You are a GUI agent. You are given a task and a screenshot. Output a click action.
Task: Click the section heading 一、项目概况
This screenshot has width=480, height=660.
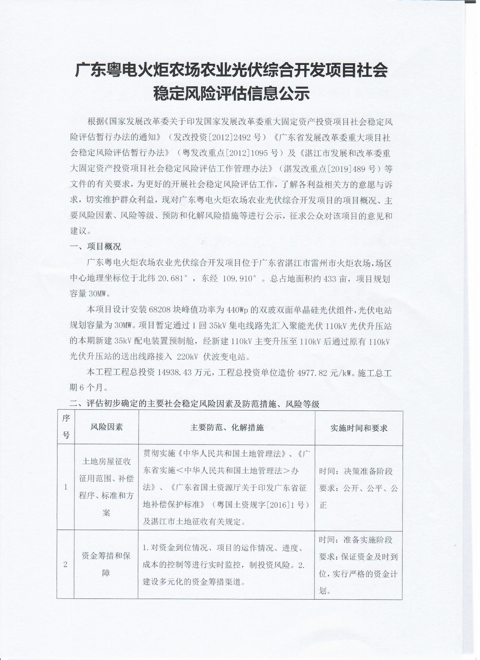click(x=95, y=247)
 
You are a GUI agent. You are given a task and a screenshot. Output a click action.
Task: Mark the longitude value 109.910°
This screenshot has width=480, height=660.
click(x=239, y=279)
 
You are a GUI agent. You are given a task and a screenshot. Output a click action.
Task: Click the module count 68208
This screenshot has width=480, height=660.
click(x=159, y=310)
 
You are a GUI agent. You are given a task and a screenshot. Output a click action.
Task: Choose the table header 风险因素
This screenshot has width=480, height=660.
click(x=106, y=427)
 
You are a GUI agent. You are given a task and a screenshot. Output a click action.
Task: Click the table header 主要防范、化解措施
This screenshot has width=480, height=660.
click(x=227, y=427)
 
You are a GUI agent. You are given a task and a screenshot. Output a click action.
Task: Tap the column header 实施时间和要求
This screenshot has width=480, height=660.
click(x=359, y=428)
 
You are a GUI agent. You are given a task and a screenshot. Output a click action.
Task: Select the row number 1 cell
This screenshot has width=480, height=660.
click(x=66, y=487)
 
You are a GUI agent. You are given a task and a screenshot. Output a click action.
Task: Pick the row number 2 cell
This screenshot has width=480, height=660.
click(x=65, y=564)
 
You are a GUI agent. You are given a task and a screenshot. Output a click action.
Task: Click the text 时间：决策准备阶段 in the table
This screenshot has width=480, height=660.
click(x=356, y=471)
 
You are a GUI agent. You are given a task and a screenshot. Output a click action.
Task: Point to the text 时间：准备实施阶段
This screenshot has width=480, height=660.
click(x=355, y=540)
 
